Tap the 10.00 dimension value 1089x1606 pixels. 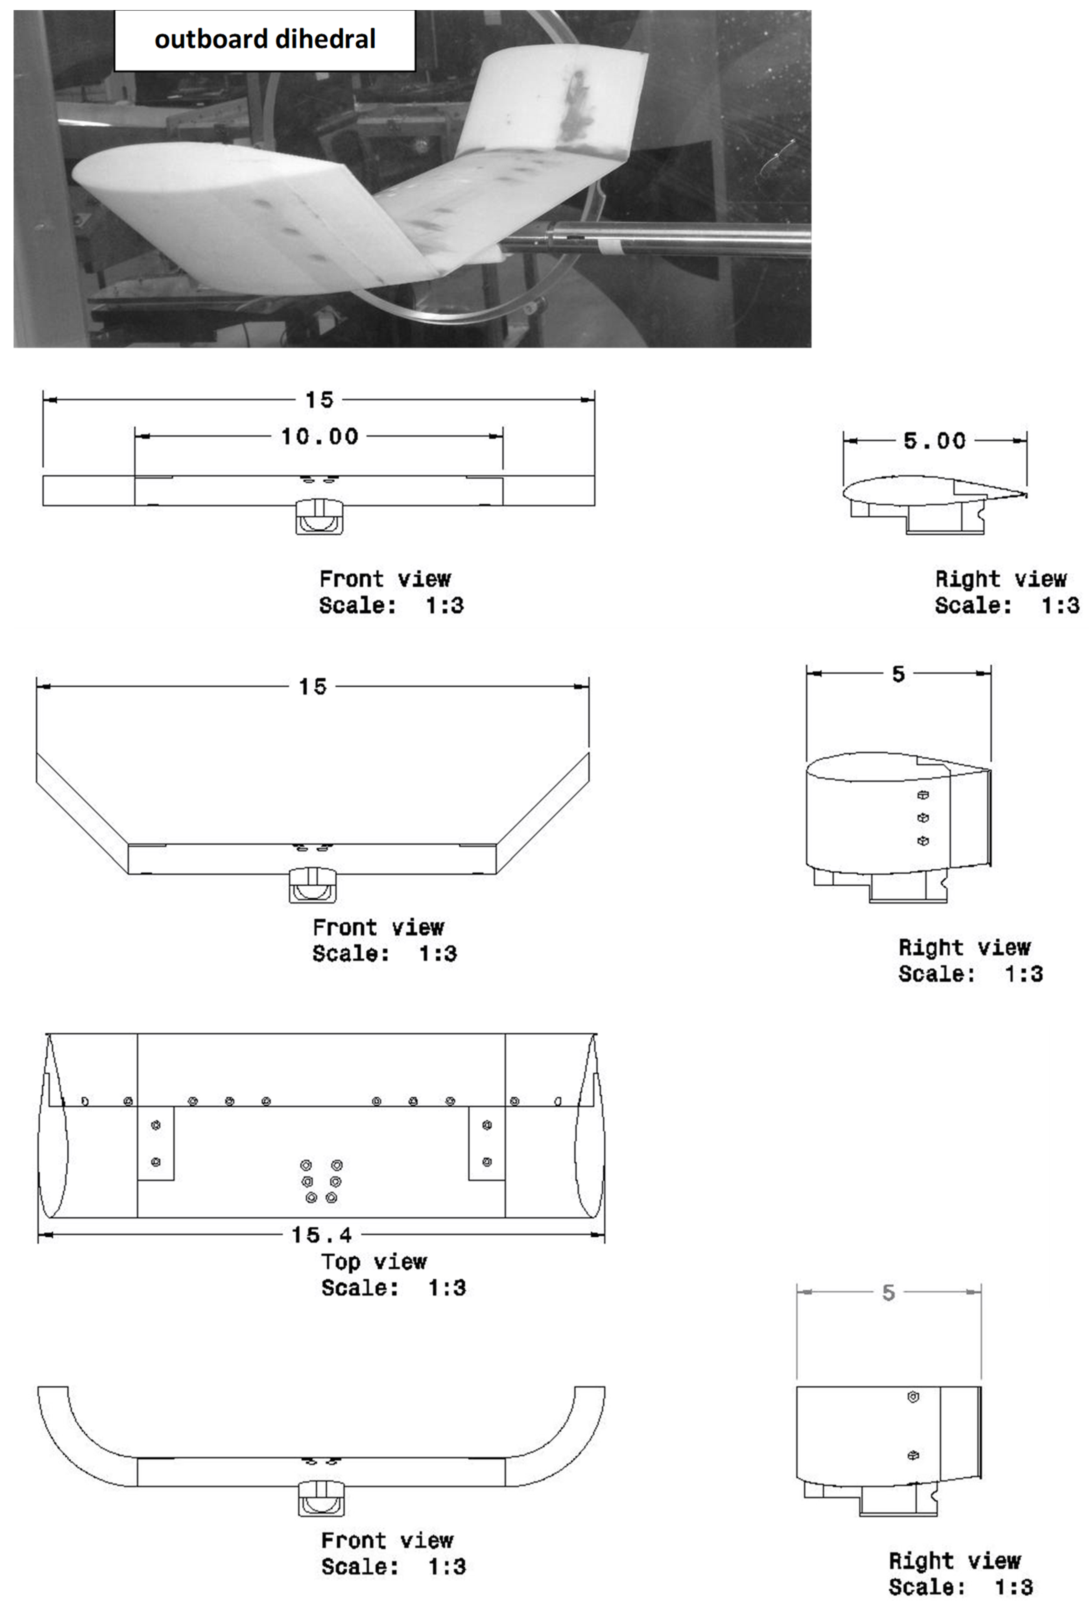pos(320,437)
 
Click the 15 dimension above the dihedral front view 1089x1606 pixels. pos(312,687)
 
